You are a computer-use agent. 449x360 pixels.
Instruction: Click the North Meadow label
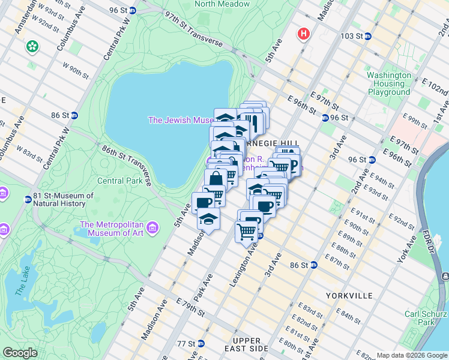pos(222,4)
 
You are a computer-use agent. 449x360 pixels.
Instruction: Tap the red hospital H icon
pos(304,34)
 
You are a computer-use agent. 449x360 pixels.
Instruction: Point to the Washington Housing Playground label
pos(389,84)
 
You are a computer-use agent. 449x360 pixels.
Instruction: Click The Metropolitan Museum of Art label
pos(114,229)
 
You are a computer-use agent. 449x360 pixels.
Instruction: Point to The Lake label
pos(21,281)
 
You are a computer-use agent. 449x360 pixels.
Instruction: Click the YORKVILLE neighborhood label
pos(350,296)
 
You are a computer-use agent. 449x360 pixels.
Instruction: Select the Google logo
pos(20,353)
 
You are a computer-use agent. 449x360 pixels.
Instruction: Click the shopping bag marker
pos(215,179)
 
